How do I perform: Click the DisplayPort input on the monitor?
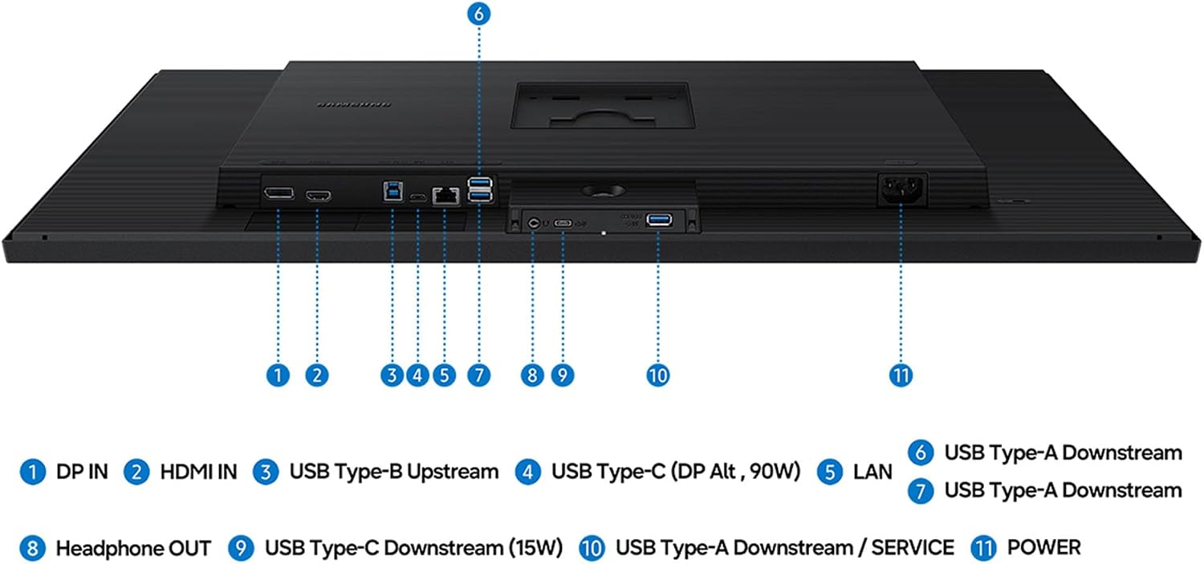(x=279, y=193)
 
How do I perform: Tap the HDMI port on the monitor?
(x=318, y=196)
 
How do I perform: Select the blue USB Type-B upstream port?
(x=393, y=191)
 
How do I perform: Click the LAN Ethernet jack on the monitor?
(x=445, y=196)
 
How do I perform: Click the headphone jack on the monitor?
(x=533, y=222)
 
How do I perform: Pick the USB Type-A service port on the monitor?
(x=659, y=220)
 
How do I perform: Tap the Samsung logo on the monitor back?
(x=354, y=104)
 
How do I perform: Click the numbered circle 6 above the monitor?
(x=479, y=14)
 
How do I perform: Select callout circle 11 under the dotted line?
(x=901, y=375)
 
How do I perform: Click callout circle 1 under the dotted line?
(x=278, y=375)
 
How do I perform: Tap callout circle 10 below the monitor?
(x=658, y=375)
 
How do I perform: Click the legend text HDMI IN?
(x=198, y=472)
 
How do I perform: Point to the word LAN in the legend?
(x=872, y=472)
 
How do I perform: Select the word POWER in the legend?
(x=1043, y=547)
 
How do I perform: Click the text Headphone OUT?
(x=133, y=548)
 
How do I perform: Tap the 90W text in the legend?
(x=775, y=471)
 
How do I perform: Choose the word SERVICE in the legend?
(x=913, y=547)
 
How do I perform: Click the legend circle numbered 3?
(x=266, y=473)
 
